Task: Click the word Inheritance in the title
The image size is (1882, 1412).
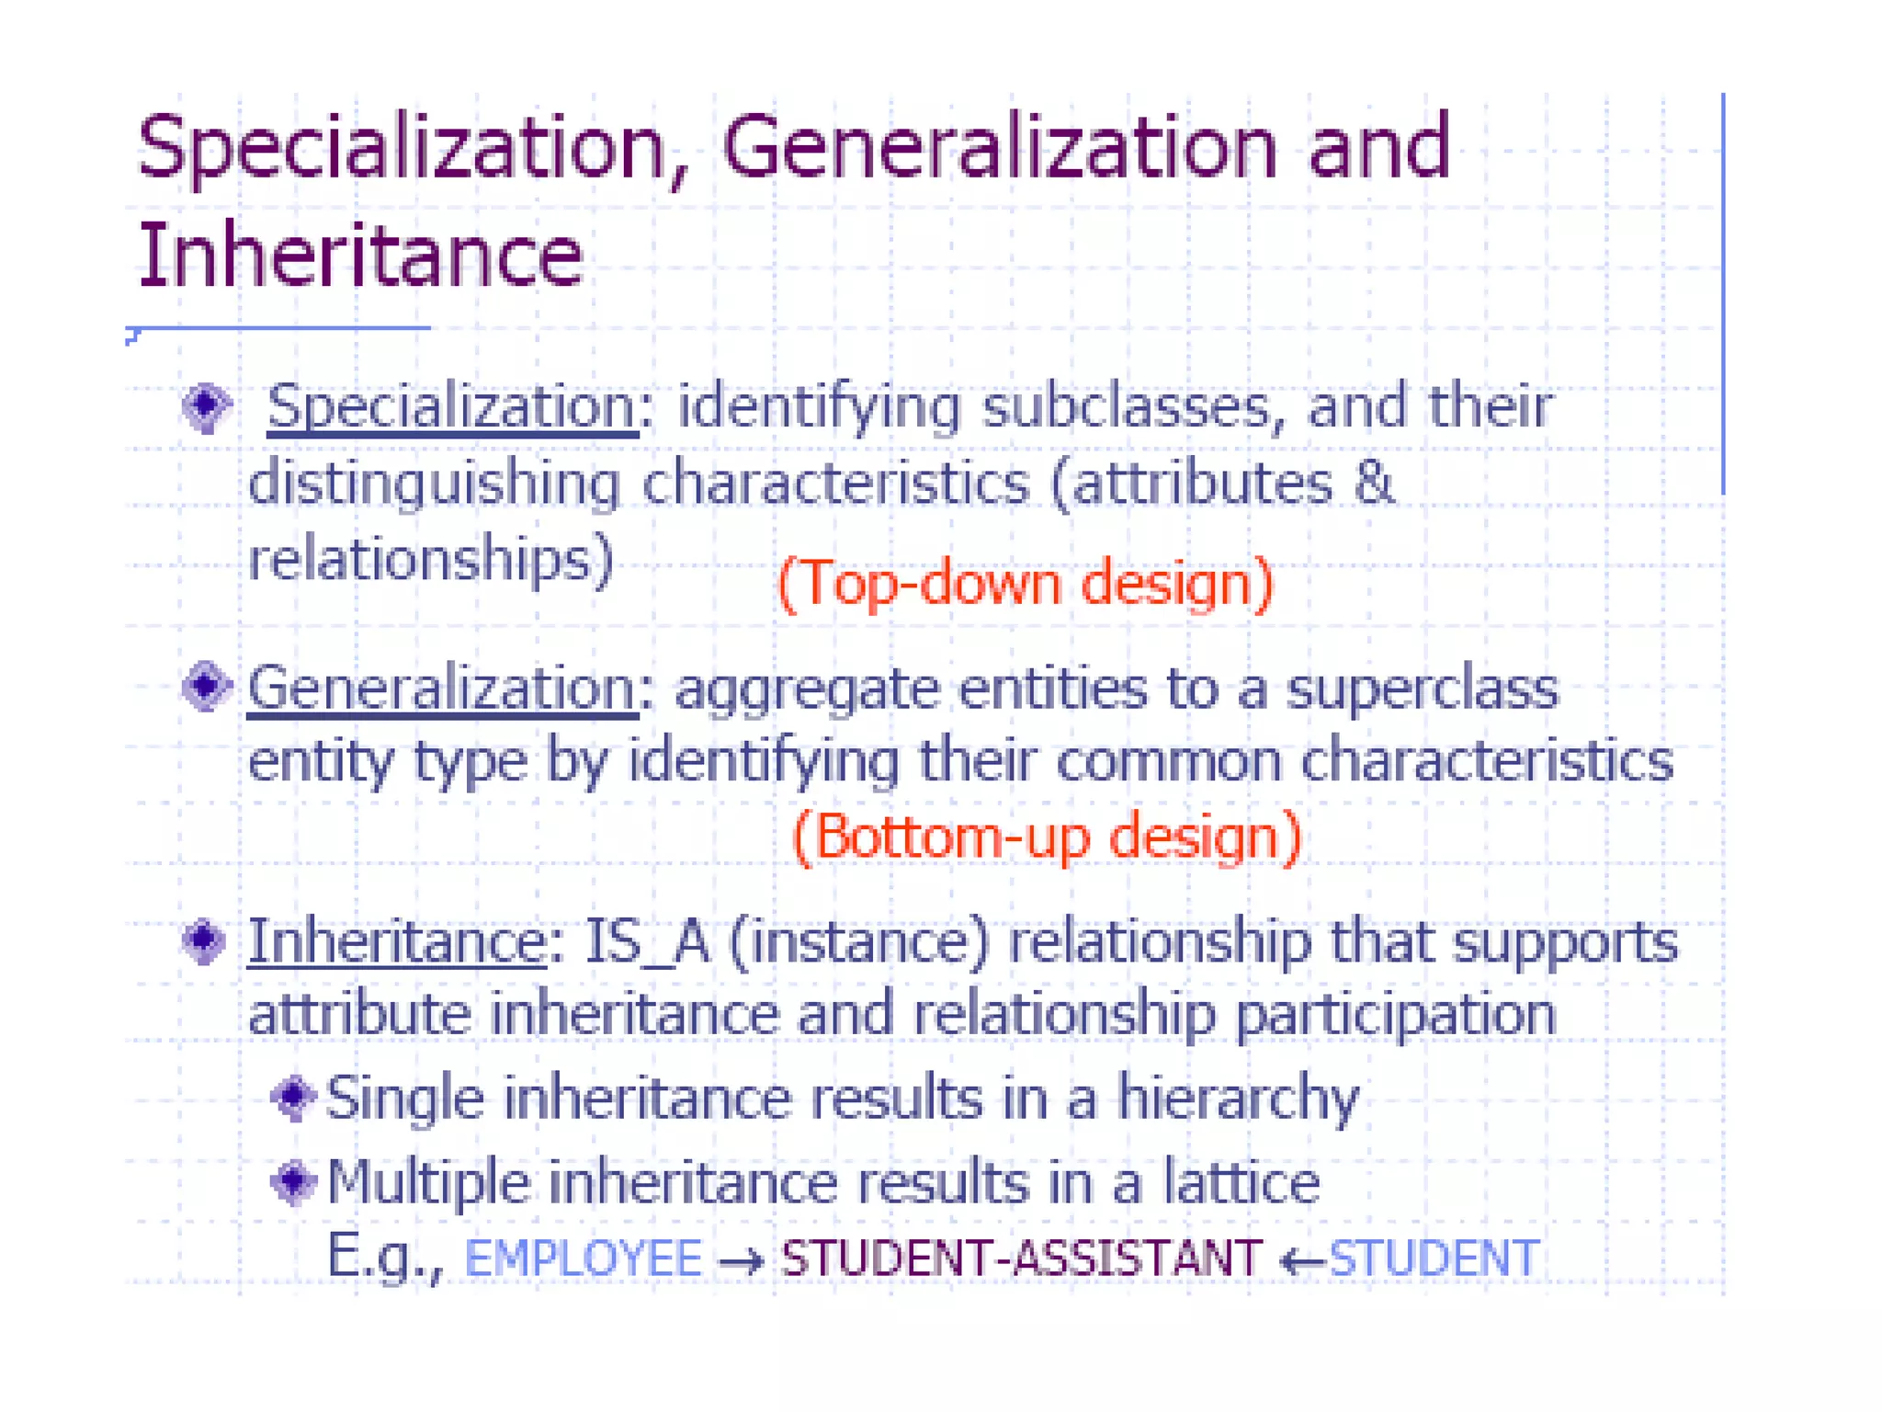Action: tap(359, 255)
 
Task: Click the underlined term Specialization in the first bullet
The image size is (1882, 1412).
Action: tap(452, 405)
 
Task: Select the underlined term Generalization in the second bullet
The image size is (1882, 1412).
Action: tap(442, 688)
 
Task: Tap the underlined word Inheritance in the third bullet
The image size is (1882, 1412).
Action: tap(397, 941)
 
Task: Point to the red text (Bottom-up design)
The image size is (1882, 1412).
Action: tap(1047, 837)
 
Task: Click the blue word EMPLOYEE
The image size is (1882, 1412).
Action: tap(584, 1258)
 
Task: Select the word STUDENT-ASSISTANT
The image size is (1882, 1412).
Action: tap(1021, 1258)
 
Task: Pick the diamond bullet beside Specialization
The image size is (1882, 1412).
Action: tap(206, 405)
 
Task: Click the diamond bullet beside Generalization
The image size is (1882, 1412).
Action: tap(206, 686)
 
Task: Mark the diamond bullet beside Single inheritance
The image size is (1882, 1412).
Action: tap(294, 1096)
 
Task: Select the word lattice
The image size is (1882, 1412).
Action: tap(1241, 1181)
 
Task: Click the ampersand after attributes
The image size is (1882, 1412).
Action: tap(1374, 483)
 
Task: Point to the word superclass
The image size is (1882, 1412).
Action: tap(1422, 688)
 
